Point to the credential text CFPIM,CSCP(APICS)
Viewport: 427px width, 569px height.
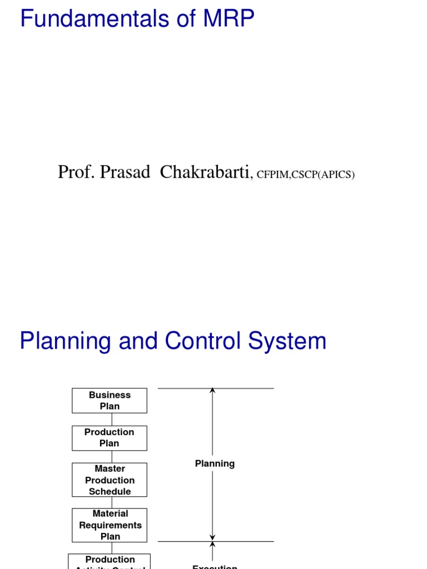pos(305,174)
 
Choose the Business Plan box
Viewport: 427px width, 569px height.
pos(110,401)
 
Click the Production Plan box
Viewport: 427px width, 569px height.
pos(110,438)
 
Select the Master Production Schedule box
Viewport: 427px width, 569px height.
pos(110,480)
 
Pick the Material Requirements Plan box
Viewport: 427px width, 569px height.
pos(110,525)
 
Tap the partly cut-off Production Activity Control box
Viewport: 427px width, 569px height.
pos(110,561)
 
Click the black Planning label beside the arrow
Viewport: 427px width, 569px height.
pos(215,463)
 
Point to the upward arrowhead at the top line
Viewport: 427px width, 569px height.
pos(212,391)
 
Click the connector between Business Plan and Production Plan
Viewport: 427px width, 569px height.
pos(111,420)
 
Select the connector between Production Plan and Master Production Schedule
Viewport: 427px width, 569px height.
pos(111,457)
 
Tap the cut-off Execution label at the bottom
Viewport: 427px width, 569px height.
pos(215,566)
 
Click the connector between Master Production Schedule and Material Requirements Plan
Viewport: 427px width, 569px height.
pos(111,502)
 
